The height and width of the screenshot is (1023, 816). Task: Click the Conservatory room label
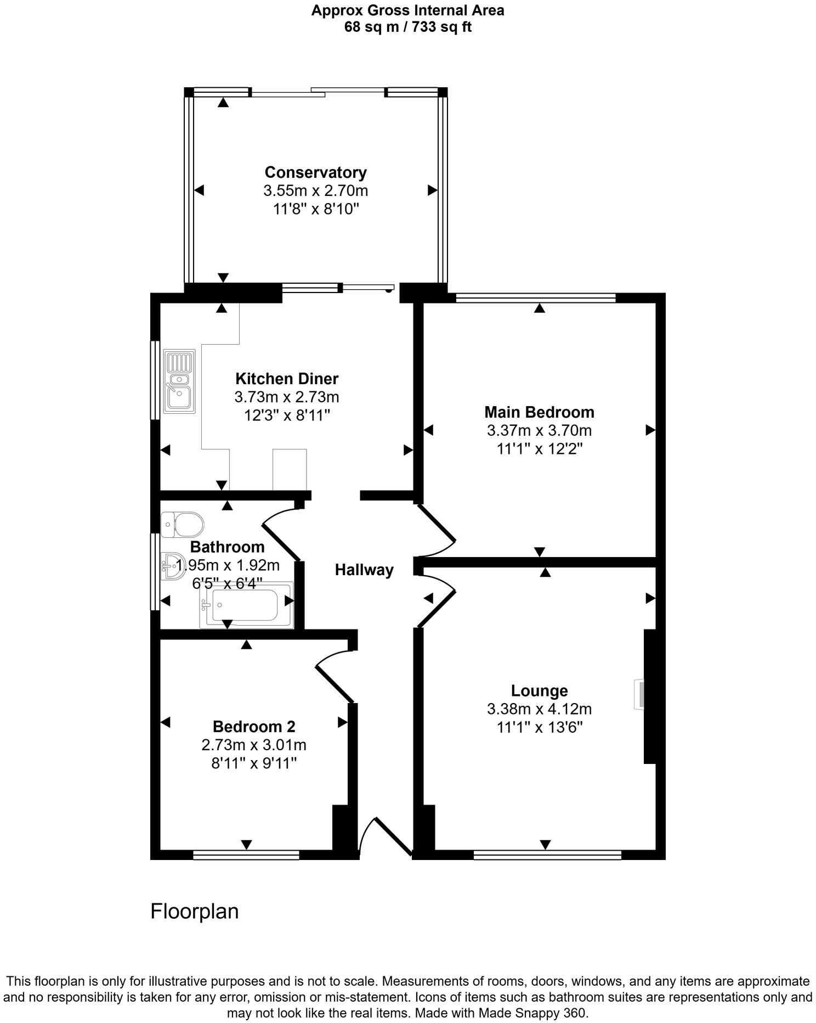(315, 172)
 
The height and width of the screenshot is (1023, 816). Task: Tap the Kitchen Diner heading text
(287, 379)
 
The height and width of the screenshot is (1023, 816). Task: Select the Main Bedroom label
(539, 412)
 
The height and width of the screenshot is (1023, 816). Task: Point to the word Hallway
(364, 570)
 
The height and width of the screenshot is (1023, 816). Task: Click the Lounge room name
(539, 690)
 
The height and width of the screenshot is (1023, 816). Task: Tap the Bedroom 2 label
(254, 727)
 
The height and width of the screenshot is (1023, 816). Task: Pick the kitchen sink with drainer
(179, 381)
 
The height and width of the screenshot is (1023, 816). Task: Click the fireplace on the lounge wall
(639, 694)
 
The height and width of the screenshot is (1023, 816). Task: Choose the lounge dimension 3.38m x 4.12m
(539, 709)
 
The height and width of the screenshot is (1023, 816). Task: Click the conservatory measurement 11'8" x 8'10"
(315, 209)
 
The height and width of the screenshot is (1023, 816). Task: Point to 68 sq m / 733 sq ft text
(407, 27)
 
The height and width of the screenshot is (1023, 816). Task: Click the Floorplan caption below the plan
(195, 912)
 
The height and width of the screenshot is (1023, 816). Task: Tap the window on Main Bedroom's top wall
(536, 298)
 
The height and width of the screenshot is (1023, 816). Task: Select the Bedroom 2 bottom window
(246, 855)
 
